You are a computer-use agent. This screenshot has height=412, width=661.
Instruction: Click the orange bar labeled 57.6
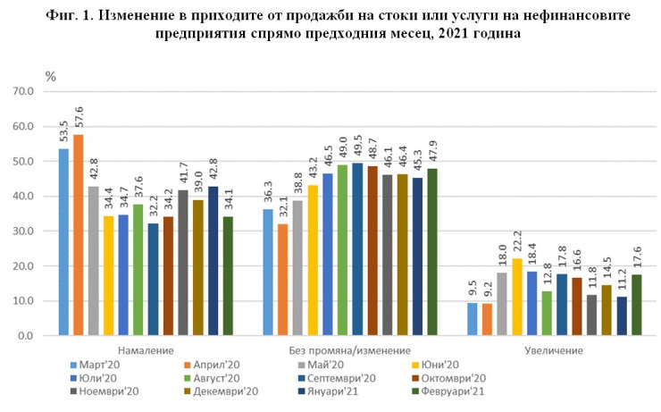[x=78, y=235]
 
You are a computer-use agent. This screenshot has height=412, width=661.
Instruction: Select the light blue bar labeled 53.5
[x=63, y=242]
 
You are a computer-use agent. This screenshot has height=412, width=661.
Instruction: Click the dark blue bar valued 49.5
[x=357, y=249]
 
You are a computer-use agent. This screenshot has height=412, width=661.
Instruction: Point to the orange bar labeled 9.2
[x=488, y=319]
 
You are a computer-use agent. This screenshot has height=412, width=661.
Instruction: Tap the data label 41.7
[x=183, y=173]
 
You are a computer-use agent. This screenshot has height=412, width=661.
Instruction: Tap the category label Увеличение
[x=554, y=350]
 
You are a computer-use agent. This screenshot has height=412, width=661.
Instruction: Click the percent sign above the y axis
[x=50, y=77]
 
